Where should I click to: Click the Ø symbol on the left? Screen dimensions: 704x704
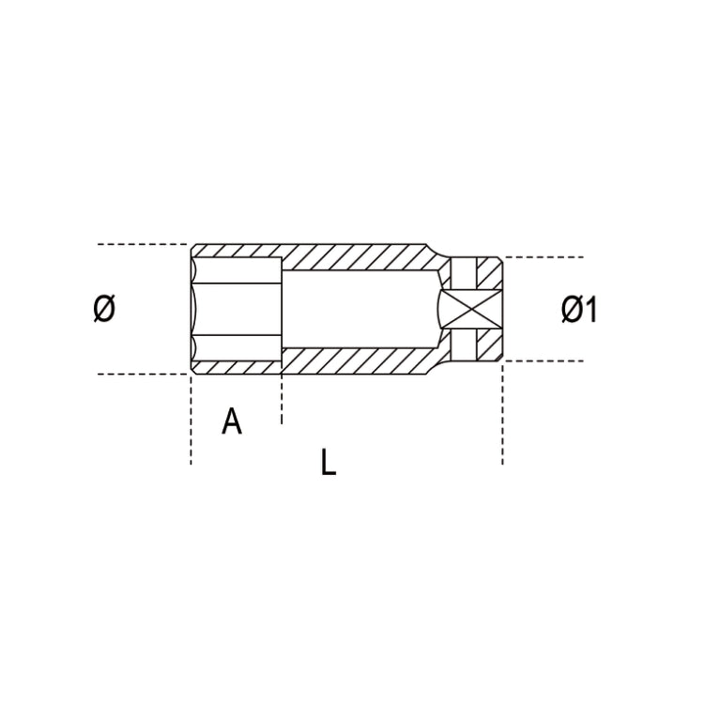tap(104, 309)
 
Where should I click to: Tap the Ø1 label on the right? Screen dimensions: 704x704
tap(579, 310)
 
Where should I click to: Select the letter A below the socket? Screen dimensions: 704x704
tap(232, 421)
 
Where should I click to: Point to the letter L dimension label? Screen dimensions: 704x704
tap(327, 462)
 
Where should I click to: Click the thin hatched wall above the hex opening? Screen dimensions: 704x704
tap(237, 252)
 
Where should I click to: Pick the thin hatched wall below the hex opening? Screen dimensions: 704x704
tap(237, 368)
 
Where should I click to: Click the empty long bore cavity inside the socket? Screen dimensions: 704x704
tap(357, 309)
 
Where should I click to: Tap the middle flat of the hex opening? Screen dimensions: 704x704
tap(235, 309)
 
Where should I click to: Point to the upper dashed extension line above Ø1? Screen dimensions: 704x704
tap(544, 257)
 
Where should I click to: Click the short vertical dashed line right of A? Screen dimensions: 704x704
tap(281, 399)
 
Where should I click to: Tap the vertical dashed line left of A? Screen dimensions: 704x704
tap(191, 422)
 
